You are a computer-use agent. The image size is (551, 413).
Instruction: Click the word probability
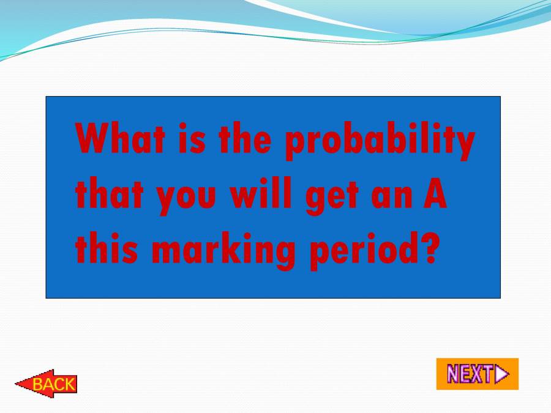click(x=380, y=141)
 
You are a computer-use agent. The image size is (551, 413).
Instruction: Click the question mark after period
click(x=430, y=248)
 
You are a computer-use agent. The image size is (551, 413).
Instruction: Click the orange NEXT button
click(x=477, y=374)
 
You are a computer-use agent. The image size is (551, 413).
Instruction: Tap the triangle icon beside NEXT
click(x=501, y=374)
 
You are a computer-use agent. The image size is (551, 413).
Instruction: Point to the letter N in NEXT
click(x=454, y=374)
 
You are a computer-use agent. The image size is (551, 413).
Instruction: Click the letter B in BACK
click(x=37, y=385)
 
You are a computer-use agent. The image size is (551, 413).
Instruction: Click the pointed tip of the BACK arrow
click(x=17, y=384)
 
